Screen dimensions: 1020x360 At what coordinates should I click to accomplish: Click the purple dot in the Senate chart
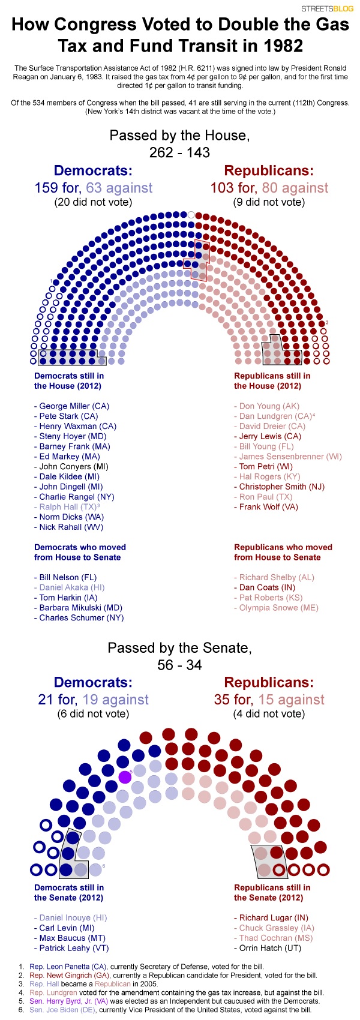point(125,777)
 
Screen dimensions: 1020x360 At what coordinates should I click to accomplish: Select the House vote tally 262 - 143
point(180,152)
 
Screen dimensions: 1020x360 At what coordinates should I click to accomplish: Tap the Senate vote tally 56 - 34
point(180,665)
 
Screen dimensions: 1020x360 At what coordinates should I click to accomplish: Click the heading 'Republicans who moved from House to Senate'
point(283,552)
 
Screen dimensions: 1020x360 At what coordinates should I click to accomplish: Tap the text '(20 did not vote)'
point(93,202)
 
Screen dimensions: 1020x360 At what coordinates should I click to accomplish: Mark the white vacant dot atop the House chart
point(191,214)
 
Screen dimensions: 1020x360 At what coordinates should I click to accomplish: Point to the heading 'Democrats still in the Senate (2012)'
point(68,892)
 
